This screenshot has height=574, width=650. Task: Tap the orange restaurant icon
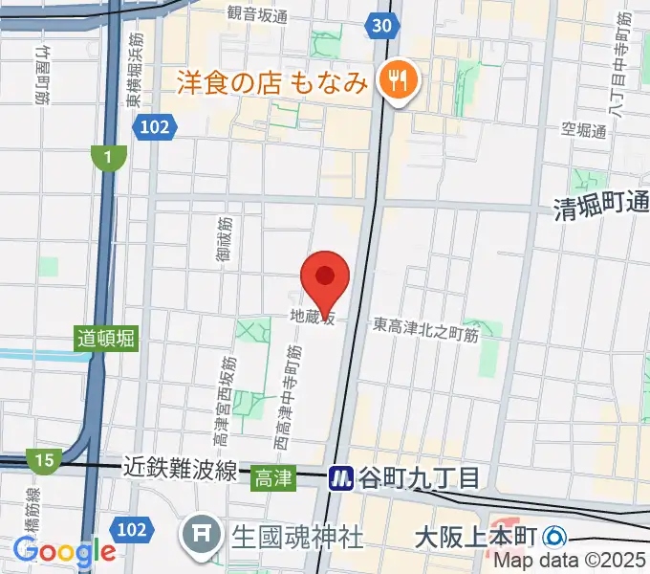pyautogui.click(x=395, y=79)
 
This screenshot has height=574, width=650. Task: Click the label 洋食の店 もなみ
pyautogui.click(x=272, y=83)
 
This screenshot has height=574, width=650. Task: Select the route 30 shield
pyautogui.click(x=380, y=26)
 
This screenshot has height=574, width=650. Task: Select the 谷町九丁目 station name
pyautogui.click(x=419, y=477)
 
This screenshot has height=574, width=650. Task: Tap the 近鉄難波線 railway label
pyautogui.click(x=180, y=469)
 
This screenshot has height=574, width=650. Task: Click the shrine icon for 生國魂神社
pyautogui.click(x=202, y=535)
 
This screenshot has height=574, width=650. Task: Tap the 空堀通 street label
pyautogui.click(x=584, y=130)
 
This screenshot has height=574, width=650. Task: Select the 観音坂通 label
pyautogui.click(x=257, y=12)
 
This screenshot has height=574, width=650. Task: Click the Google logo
pyautogui.click(x=64, y=550)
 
